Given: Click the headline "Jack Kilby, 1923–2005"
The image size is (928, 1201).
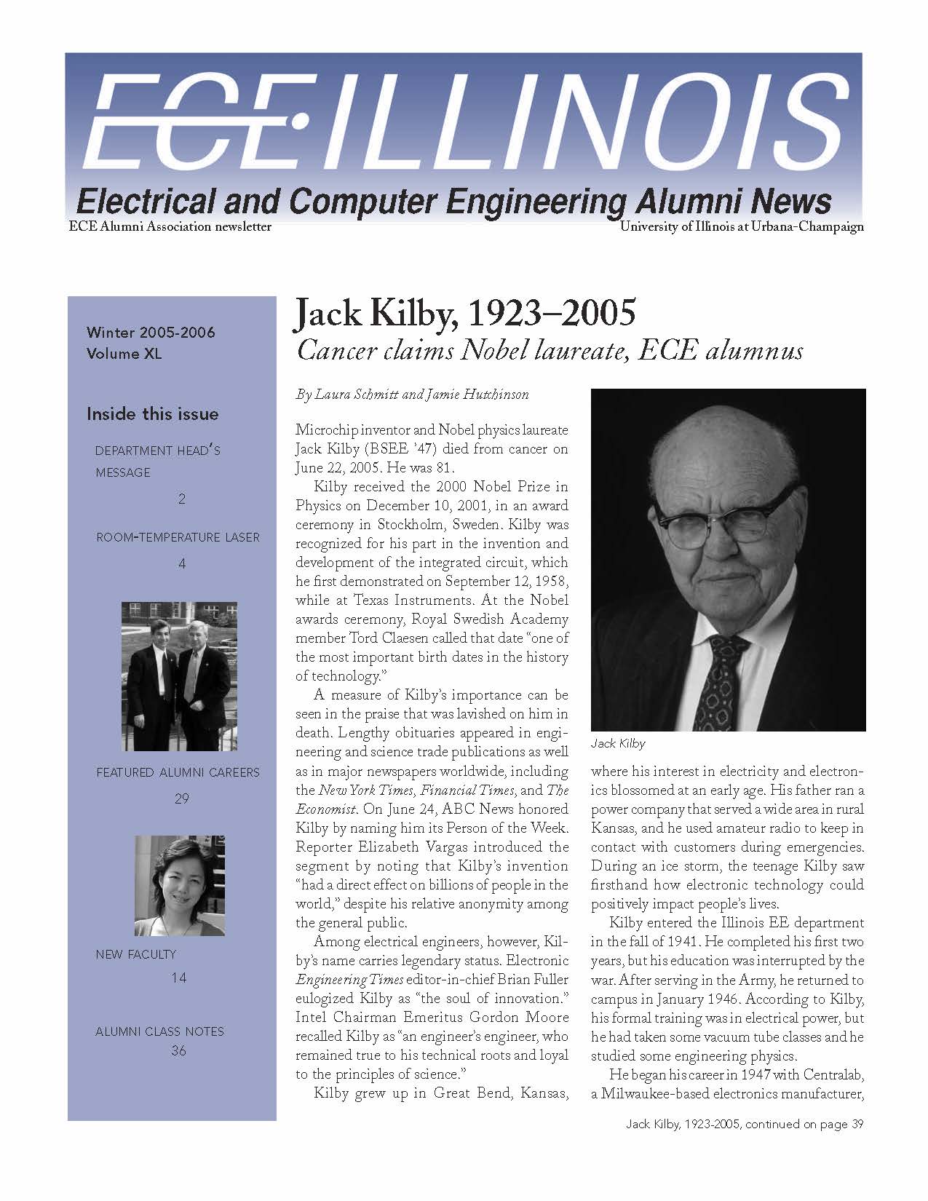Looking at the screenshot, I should tap(464, 314).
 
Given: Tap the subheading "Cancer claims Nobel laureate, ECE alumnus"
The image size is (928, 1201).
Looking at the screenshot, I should tap(550, 351).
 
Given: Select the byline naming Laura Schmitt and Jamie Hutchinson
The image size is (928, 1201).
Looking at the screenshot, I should tap(412, 395).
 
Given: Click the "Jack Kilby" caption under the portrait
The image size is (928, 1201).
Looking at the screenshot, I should tap(618, 743).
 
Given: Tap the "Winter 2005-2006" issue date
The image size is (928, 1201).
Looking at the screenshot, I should tap(151, 333).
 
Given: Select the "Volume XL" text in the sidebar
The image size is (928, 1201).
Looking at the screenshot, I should tap(124, 354).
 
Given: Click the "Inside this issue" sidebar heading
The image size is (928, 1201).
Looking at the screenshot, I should tap(152, 414).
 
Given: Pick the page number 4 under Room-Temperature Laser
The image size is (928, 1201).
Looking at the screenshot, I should tap(182, 563).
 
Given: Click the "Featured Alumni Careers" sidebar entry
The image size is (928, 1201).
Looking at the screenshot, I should tap(178, 772).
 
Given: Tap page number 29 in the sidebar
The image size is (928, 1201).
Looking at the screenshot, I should tap(181, 798).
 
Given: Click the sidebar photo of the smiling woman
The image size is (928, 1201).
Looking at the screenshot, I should tap(179, 885).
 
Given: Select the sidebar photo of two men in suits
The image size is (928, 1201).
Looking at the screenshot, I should tap(179, 675).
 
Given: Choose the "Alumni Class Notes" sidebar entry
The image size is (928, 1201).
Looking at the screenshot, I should tap(159, 1031).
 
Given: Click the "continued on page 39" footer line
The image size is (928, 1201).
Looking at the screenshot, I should tap(745, 1124).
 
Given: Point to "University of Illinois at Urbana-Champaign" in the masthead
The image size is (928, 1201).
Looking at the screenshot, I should tap(742, 226).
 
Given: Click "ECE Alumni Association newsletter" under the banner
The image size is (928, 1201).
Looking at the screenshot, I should tap(170, 226).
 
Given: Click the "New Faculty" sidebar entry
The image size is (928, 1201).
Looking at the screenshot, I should tap(136, 954).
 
